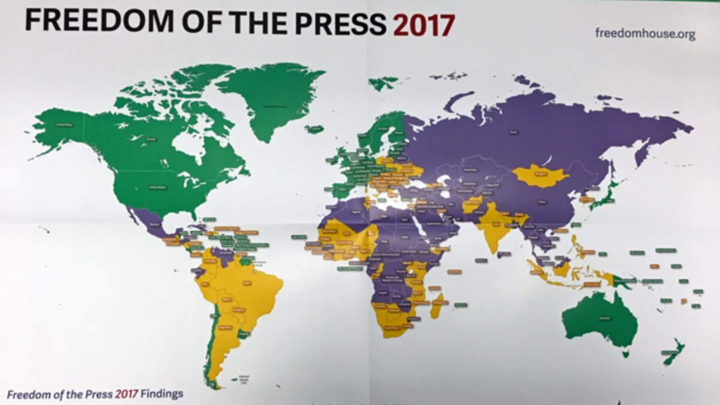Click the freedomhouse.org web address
tap(645, 33)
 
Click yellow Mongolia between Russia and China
tap(540, 175)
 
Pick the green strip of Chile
tap(209, 348)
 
